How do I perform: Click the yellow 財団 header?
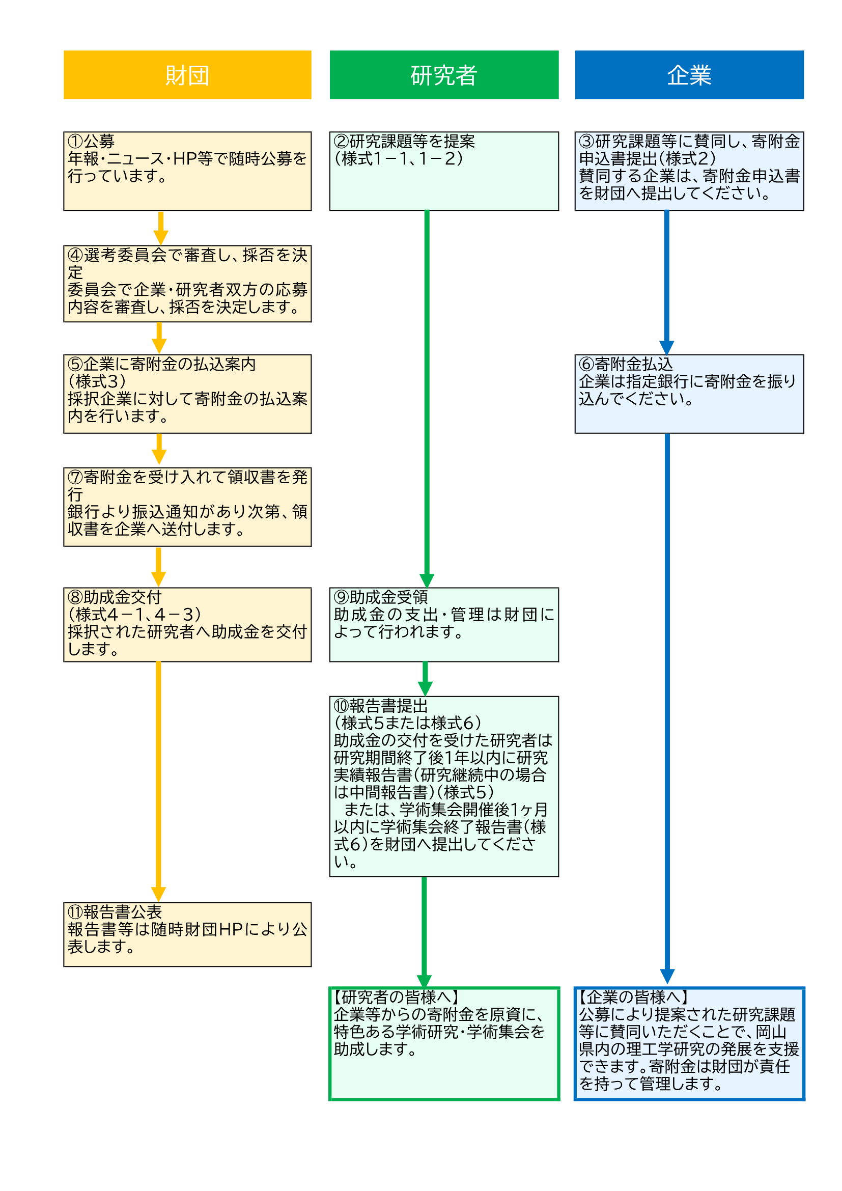[187, 75]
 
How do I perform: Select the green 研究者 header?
[444, 75]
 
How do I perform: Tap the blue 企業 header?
[689, 75]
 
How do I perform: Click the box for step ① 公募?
[187, 171]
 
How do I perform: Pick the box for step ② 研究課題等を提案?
[444, 171]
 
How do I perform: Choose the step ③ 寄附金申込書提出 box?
[689, 171]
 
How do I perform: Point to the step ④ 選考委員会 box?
[187, 283]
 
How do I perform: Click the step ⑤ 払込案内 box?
[187, 393]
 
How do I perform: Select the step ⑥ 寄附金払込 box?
[689, 393]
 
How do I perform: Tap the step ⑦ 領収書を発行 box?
[187, 506]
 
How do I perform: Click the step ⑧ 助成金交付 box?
[187, 624]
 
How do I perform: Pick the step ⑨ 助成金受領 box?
[444, 624]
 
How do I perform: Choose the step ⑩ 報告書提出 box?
[444, 786]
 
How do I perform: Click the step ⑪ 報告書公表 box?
[187, 934]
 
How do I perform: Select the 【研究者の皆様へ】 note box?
[444, 1043]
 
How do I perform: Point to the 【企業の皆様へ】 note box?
[689, 1043]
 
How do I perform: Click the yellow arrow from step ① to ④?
[161, 227]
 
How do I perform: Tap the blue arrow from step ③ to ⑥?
[666, 280]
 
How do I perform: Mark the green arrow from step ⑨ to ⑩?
[425, 677]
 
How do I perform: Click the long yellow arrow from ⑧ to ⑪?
[158, 778]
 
